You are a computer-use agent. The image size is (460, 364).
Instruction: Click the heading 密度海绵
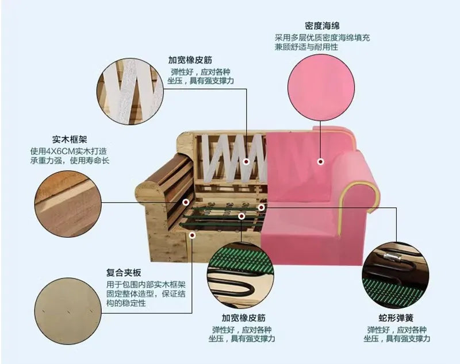(322, 26)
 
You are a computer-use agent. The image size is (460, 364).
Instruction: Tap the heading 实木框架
(70, 139)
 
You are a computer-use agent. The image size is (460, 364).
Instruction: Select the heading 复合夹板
(124, 273)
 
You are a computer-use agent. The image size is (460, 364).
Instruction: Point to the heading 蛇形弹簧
(396, 317)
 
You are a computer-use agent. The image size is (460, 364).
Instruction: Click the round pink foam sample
(321, 87)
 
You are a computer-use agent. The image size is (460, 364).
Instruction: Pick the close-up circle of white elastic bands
(130, 91)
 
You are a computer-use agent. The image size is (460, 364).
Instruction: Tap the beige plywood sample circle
(68, 311)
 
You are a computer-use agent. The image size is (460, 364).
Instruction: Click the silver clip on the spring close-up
(392, 258)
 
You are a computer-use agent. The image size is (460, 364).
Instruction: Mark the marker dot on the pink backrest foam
(321, 161)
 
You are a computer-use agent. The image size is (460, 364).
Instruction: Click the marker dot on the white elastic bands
(247, 161)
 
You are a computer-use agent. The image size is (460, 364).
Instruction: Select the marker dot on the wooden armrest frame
(186, 202)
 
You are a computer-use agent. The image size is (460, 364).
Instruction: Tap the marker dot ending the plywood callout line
(192, 235)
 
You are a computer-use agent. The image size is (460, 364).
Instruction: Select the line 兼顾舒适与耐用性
(306, 47)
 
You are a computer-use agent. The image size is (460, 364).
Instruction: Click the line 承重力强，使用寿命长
(70, 161)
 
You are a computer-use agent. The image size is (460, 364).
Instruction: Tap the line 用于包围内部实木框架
(146, 285)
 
